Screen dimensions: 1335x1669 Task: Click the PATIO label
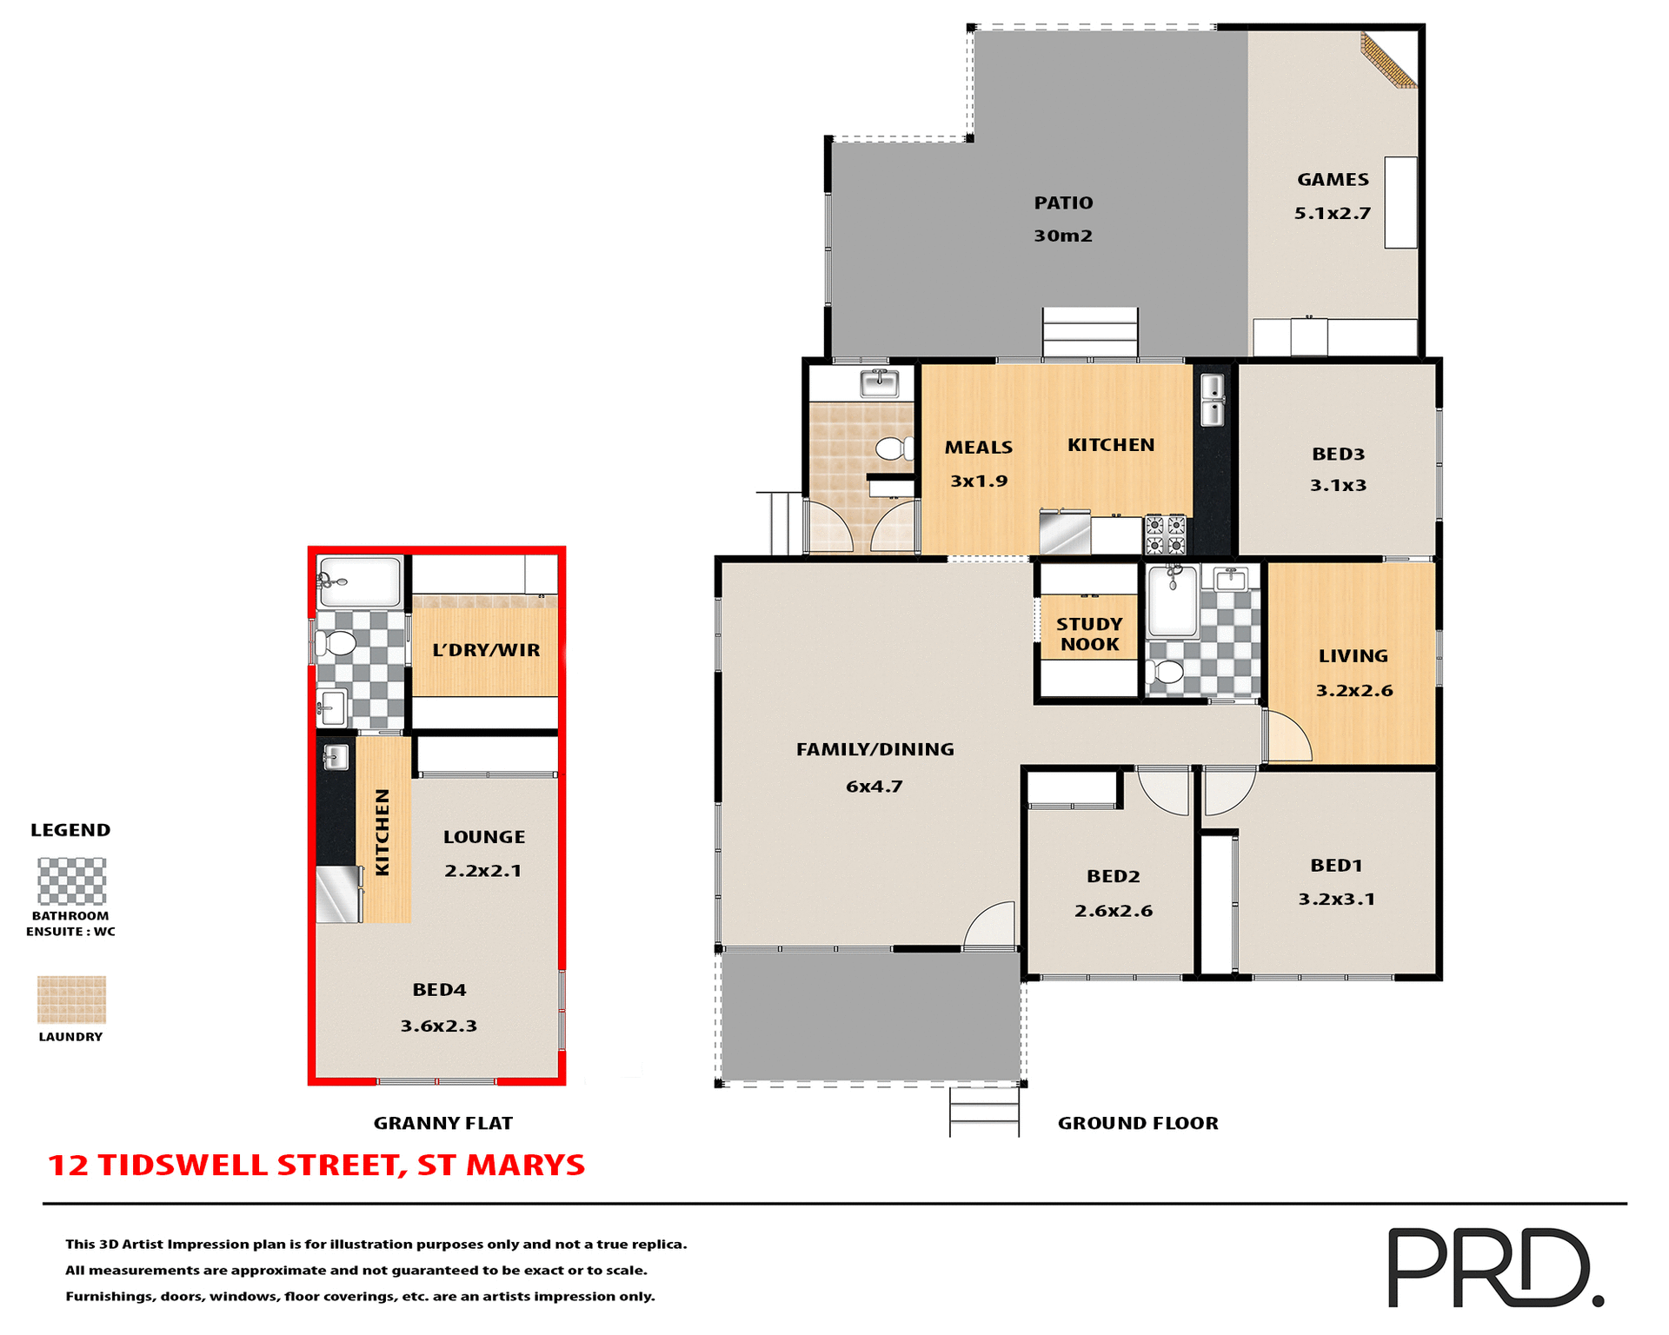click(1063, 203)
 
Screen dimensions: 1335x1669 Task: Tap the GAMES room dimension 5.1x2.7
click(1332, 213)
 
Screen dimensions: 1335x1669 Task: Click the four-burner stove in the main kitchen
click(1165, 535)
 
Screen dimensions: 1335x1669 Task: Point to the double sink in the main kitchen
click(1212, 400)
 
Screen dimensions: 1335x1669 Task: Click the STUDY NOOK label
click(1089, 634)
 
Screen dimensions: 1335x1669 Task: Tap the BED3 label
click(1338, 454)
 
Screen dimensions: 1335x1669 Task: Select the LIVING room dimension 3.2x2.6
click(1353, 690)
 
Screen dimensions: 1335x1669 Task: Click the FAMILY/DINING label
click(874, 748)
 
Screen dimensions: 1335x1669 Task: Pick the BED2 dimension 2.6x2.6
click(1113, 910)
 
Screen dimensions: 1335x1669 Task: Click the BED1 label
click(1336, 865)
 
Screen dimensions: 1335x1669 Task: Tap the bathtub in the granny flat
click(359, 581)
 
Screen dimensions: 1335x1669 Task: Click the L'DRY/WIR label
click(486, 650)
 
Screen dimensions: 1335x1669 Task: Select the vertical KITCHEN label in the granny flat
click(382, 832)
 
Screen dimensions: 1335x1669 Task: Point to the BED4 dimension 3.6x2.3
click(438, 1026)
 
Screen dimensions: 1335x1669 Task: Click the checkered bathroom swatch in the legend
click(71, 881)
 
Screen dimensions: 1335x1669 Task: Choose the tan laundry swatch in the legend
click(71, 1000)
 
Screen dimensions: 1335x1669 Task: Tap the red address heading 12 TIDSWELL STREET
click(316, 1165)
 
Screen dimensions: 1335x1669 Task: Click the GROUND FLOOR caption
click(1137, 1123)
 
